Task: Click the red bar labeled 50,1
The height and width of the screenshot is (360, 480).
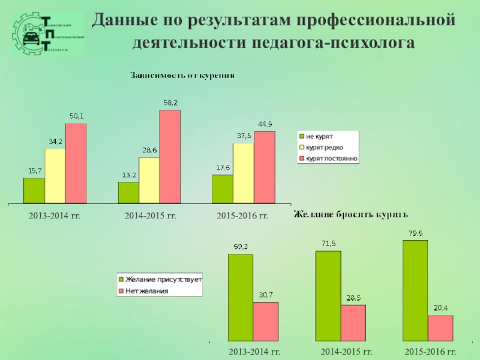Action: pyautogui.click(x=76, y=163)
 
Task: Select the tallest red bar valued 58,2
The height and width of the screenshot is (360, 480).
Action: pyautogui.click(x=170, y=157)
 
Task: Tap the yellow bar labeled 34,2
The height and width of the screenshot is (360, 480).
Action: pyautogui.click(x=55, y=176)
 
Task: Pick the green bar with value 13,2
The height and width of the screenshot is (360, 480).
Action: pyautogui.click(x=128, y=193)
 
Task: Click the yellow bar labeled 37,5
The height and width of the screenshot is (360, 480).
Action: pyautogui.click(x=244, y=173)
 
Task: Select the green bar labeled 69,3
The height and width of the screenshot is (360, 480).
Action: pyautogui.click(x=241, y=298)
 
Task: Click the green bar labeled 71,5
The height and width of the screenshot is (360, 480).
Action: pyautogui.click(x=328, y=296)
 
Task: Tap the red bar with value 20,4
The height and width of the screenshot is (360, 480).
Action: pyautogui.click(x=440, y=328)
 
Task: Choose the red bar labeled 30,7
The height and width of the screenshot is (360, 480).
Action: pyautogui.click(x=266, y=322)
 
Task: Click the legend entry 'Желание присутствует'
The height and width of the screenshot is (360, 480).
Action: pyautogui.click(x=163, y=280)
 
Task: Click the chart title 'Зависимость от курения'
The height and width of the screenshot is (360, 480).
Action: pyautogui.click(x=182, y=76)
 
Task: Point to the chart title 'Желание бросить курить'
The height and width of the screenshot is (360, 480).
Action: pyautogui.click(x=350, y=214)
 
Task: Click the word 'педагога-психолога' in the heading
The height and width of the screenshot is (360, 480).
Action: pyautogui.click(x=337, y=43)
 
